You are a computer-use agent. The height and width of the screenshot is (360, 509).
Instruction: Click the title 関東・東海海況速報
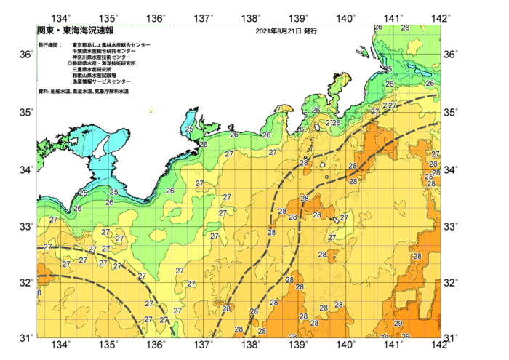click(x=76, y=31)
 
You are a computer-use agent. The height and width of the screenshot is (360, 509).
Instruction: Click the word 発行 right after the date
click(x=310, y=32)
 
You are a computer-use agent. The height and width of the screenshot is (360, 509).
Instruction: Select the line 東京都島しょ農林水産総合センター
click(x=111, y=45)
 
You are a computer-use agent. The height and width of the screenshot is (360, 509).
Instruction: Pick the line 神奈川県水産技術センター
click(x=106, y=57)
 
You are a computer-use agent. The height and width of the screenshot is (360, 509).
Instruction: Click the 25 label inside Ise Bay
click(x=189, y=129)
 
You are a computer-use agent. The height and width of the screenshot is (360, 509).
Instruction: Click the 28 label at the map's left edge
click(x=39, y=292)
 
